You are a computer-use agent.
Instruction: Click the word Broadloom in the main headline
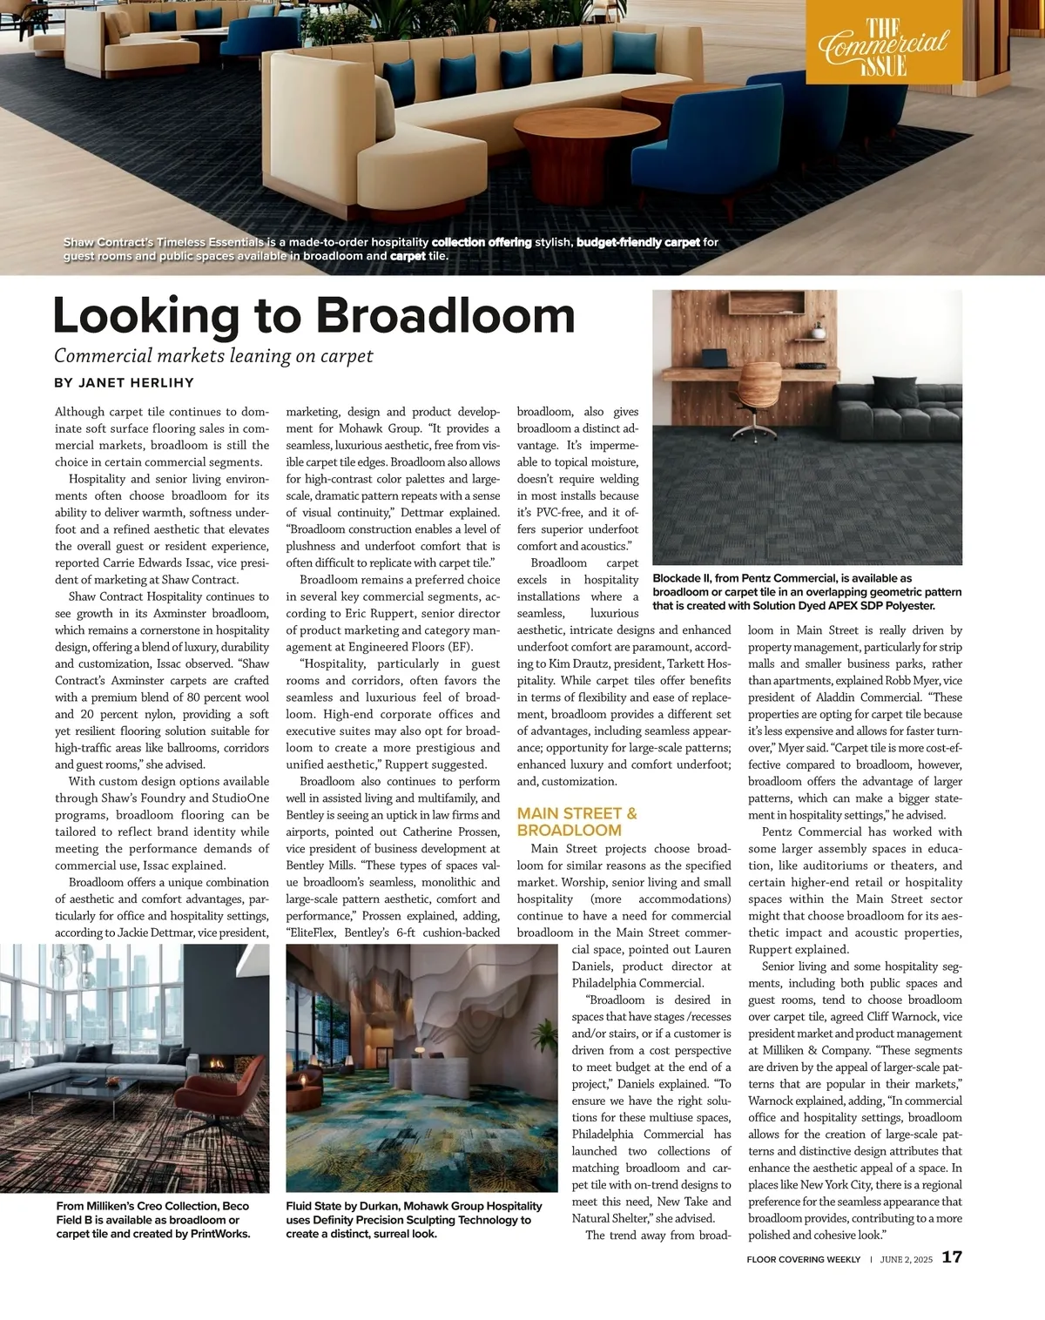pyautogui.click(x=451, y=315)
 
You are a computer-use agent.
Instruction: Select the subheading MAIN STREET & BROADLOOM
pyautogui.click(x=576, y=822)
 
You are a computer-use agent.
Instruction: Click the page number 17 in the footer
pyautogui.click(x=952, y=1257)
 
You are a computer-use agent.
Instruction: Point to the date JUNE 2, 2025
pyautogui.click(x=906, y=1259)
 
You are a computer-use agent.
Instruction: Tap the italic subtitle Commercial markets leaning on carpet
pyautogui.click(x=213, y=355)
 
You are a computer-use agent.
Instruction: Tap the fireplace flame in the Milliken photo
pyautogui.click(x=215, y=1063)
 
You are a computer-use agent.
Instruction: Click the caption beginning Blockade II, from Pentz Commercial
pyautogui.click(x=793, y=592)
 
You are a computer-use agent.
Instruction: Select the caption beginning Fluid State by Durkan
pyautogui.click(x=414, y=1219)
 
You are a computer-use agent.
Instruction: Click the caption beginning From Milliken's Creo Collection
pyautogui.click(x=152, y=1219)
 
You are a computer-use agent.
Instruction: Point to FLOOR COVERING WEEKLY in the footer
pyautogui.click(x=803, y=1259)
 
